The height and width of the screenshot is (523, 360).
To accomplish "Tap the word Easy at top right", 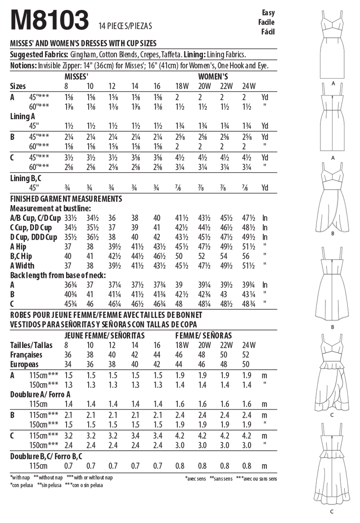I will point(268,13).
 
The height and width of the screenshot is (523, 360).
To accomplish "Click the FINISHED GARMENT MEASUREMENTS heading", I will point(66,198).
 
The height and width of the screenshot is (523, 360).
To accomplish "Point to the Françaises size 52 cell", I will point(245,354).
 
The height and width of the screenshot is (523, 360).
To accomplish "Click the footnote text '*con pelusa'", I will point(21,485).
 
